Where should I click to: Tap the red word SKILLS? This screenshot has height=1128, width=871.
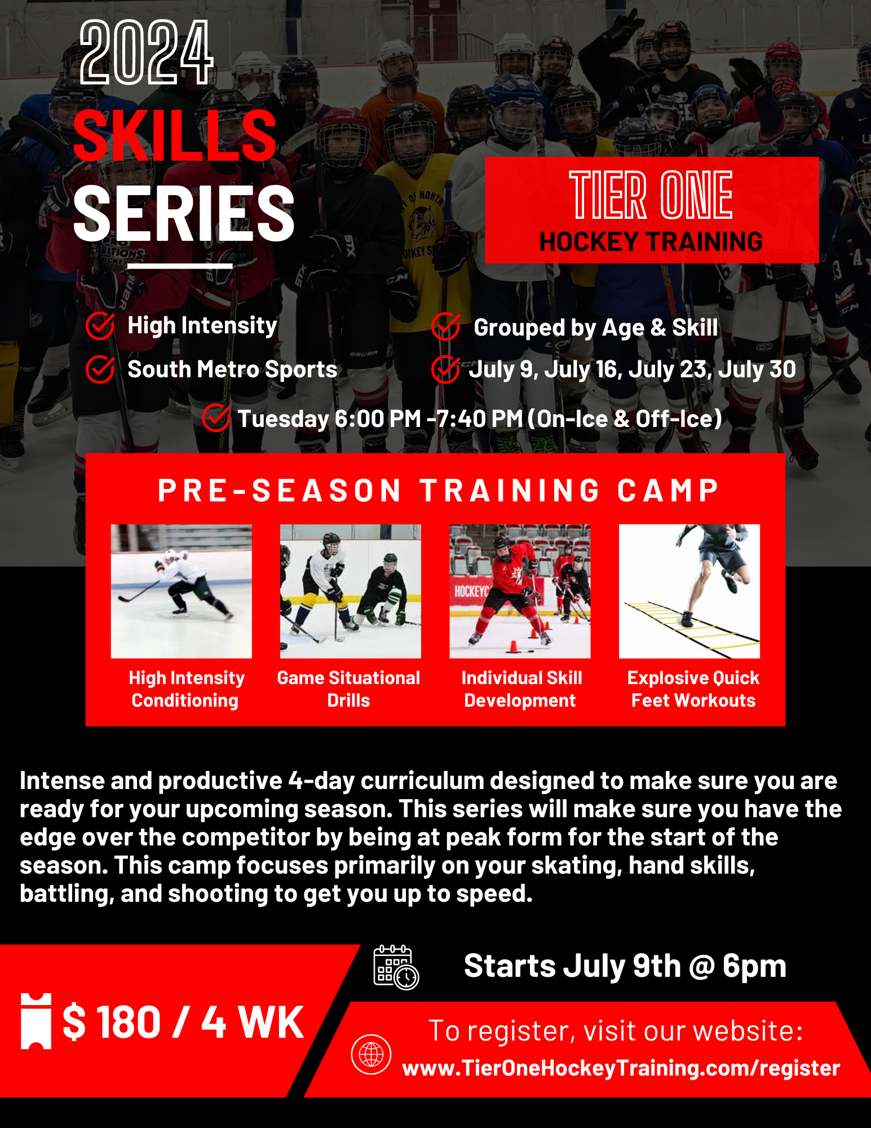point(175,136)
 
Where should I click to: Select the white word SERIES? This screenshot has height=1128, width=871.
point(184,213)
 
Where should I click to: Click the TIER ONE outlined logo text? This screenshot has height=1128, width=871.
point(651,195)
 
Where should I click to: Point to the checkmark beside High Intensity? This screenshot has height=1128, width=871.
point(100,326)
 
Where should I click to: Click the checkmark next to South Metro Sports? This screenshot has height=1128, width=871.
point(100,370)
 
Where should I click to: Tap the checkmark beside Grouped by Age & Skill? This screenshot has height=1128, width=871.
point(445,327)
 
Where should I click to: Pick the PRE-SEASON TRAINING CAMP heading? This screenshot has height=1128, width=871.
point(438,490)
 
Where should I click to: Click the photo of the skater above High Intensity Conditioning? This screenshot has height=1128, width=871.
point(182,591)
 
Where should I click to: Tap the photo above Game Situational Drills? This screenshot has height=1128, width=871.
point(350,591)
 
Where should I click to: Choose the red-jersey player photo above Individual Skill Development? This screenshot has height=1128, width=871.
point(520,591)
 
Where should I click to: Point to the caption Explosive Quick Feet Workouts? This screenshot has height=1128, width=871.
point(693,689)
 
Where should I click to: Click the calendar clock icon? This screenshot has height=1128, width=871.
point(396,968)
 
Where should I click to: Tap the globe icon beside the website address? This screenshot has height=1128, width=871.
point(371,1054)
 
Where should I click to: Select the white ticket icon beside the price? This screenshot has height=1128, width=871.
point(36,1021)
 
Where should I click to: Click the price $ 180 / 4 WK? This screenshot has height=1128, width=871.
point(183,1022)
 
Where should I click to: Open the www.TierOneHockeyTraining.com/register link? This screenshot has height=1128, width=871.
point(621,1068)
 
